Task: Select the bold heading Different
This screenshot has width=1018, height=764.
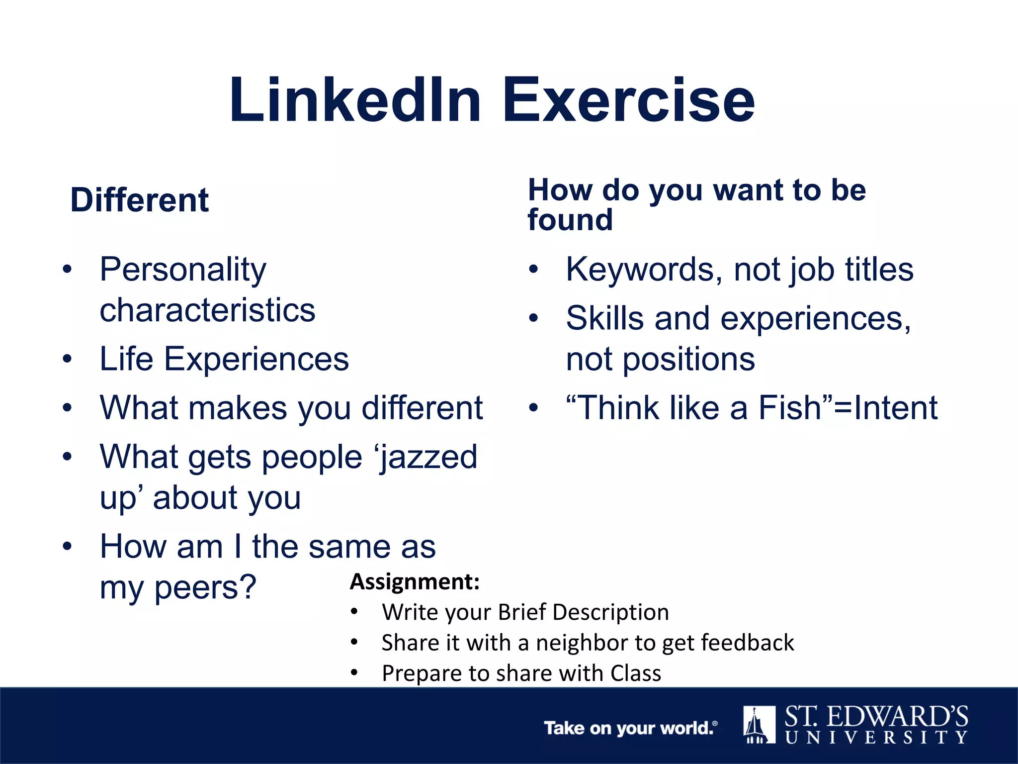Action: (140, 200)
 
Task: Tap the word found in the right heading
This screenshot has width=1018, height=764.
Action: (570, 220)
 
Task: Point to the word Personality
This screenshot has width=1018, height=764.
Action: (183, 270)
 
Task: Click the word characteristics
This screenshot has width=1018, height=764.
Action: (207, 310)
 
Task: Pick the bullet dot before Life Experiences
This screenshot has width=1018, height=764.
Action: (68, 359)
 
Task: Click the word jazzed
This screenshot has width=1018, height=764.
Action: (428, 457)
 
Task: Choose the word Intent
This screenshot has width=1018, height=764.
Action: (895, 408)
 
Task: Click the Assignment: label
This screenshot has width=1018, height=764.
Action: (415, 581)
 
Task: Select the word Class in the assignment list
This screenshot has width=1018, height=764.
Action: (636, 673)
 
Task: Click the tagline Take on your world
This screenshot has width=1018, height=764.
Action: (630, 728)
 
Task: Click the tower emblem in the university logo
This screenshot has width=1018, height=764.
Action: (759, 725)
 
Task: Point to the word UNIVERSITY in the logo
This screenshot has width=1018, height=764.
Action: (876, 737)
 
